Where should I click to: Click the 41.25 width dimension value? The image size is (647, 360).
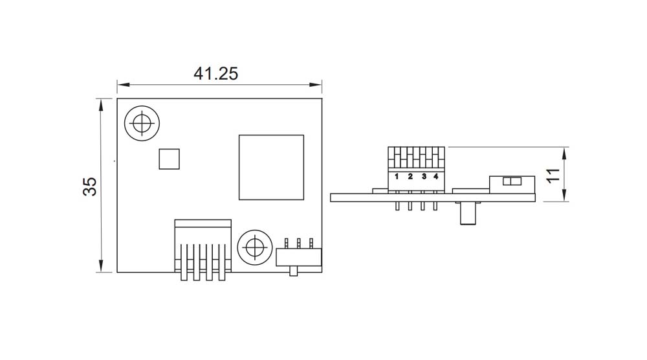coord(216,73)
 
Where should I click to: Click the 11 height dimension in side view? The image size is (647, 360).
coord(552,175)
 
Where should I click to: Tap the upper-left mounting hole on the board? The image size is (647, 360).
coord(142,122)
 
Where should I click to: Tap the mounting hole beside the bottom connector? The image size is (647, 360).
coord(254,247)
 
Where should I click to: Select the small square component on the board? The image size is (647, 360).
coord(169,159)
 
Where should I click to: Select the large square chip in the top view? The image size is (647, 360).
coord(271,167)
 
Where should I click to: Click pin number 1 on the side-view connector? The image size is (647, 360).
coord(396,176)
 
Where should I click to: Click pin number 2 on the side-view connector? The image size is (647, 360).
coord(410,176)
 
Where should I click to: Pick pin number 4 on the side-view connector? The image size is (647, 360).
coord(436,176)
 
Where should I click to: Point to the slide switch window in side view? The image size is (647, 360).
coord(511,182)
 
